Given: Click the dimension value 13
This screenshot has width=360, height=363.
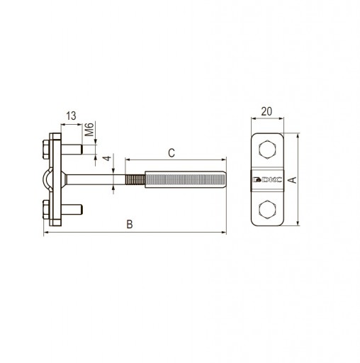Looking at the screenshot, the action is [71, 116].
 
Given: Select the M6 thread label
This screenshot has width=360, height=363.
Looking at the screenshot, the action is [89, 130].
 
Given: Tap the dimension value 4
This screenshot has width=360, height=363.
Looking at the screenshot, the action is [108, 158].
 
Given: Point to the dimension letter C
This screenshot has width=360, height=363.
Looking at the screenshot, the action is [171, 153].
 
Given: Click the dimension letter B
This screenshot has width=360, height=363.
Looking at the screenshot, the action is [130, 224].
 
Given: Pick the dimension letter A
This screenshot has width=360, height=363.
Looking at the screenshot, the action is [293, 180].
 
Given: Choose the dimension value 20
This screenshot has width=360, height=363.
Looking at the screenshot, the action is [266, 111].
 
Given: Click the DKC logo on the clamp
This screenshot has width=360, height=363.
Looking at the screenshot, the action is [267, 180].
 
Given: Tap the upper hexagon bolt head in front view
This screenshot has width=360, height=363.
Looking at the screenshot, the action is [267, 149].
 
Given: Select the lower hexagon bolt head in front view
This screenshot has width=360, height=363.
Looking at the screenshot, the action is [267, 209].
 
